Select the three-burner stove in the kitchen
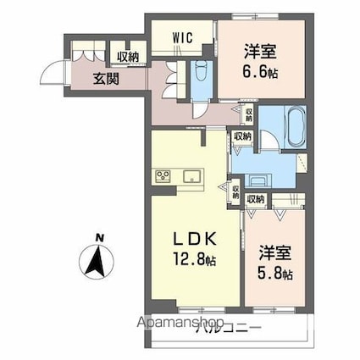[x=164, y=176]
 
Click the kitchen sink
[x=191, y=176]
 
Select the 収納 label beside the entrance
[x=129, y=57]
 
